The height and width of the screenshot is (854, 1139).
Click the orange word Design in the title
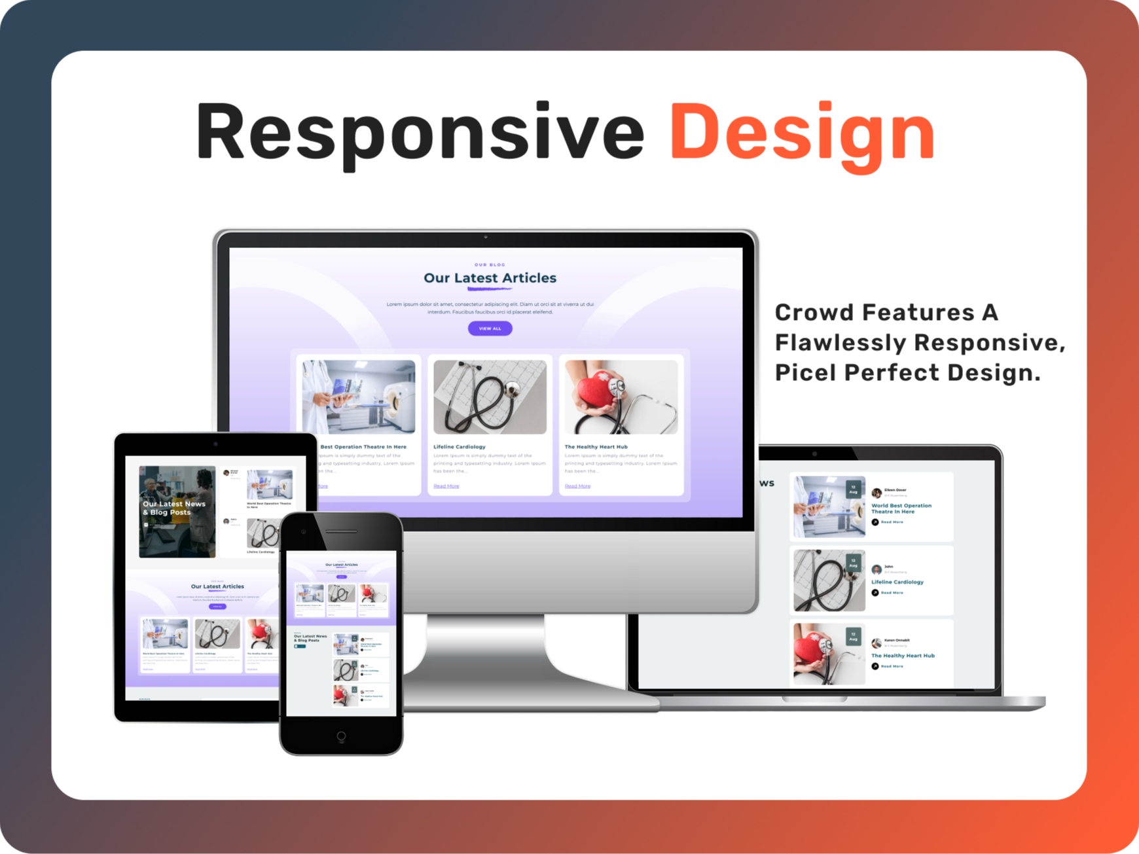803,133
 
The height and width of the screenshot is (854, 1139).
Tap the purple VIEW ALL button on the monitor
490,329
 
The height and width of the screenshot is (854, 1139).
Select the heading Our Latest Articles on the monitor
490,278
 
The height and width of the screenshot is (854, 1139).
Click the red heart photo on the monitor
621,397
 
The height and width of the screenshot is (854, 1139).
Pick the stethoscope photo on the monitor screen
490,397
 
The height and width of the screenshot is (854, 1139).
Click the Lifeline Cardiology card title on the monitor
460,447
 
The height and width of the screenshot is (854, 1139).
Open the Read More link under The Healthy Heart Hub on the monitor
577,486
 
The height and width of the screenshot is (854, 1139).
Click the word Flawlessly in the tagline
841,342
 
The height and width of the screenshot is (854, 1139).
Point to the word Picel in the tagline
806,372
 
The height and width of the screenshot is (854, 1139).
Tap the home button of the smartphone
341,736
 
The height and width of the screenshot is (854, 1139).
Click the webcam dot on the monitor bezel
485,237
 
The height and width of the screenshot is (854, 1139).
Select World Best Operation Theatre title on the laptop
901,508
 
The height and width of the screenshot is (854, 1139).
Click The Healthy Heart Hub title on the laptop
903,656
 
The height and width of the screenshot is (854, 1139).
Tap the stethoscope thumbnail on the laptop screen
829,580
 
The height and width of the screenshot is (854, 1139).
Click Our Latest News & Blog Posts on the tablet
174,508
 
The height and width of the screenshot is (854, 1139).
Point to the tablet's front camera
215,444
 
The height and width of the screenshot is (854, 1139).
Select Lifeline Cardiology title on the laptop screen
897,582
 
